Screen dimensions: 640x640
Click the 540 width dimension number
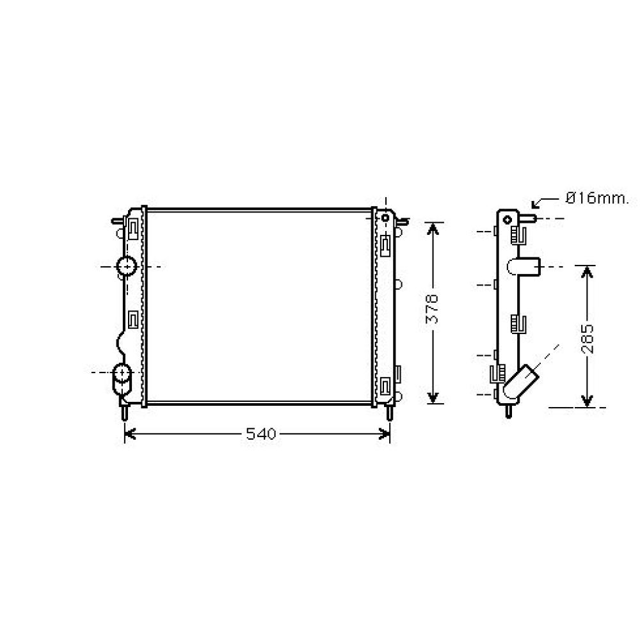tap(260, 435)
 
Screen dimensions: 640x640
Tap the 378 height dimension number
tap(433, 310)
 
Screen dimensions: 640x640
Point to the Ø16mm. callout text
tap(596, 199)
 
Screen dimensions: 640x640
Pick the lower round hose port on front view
tap(121, 372)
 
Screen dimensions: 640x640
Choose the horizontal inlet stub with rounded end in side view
tap(525, 266)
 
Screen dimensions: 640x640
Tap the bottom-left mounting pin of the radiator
tap(124, 413)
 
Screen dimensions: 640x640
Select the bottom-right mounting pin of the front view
tap(388, 412)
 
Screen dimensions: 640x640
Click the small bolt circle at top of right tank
tap(385, 218)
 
